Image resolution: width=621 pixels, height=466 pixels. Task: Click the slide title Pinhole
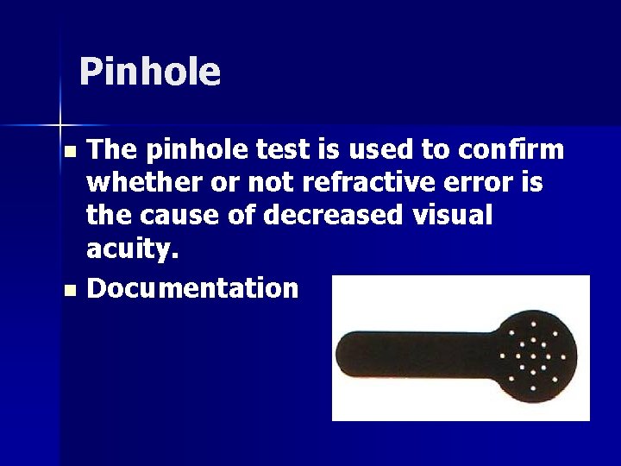coord(149,72)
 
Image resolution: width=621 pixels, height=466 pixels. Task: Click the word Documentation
coord(192,288)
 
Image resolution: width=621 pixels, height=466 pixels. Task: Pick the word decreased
coord(332,216)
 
